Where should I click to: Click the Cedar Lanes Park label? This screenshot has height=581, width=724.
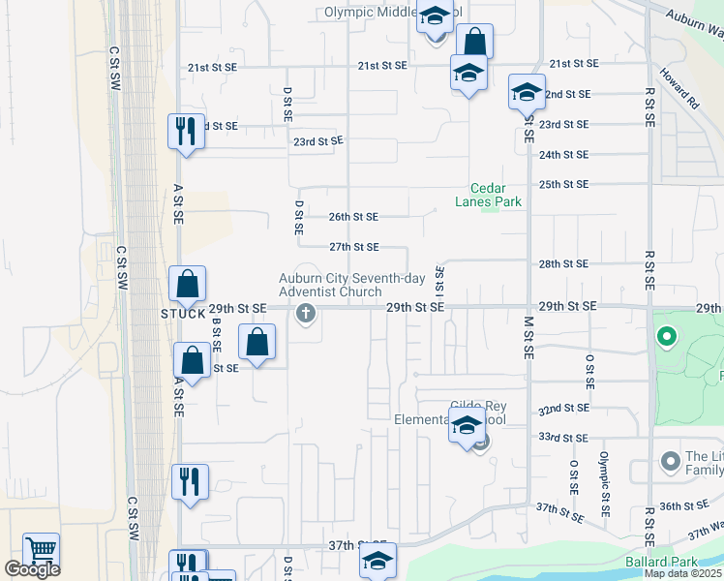[x=489, y=195]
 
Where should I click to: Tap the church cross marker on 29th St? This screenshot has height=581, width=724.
[x=307, y=313]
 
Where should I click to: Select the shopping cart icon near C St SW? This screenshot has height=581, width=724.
[x=42, y=550]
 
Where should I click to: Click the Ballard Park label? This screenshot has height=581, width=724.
[x=685, y=562]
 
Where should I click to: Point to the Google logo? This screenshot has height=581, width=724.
[x=32, y=569]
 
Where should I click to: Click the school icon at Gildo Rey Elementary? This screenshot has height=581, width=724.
[x=467, y=424]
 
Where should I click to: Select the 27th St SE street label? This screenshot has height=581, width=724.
[x=354, y=248]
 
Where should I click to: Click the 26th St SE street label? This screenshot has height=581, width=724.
[x=353, y=217]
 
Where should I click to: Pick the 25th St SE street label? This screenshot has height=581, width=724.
[x=563, y=184]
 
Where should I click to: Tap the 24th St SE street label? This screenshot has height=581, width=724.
[x=563, y=155]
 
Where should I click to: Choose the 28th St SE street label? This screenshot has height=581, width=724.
[x=563, y=263]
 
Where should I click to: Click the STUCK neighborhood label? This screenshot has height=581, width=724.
[x=183, y=314]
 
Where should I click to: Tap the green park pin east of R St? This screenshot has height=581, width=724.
[x=665, y=338]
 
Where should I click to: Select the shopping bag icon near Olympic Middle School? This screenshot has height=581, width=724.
[x=474, y=42]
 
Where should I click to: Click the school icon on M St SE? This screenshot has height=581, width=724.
[x=526, y=92]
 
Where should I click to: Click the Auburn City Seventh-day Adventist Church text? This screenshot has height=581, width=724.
[x=351, y=285]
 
